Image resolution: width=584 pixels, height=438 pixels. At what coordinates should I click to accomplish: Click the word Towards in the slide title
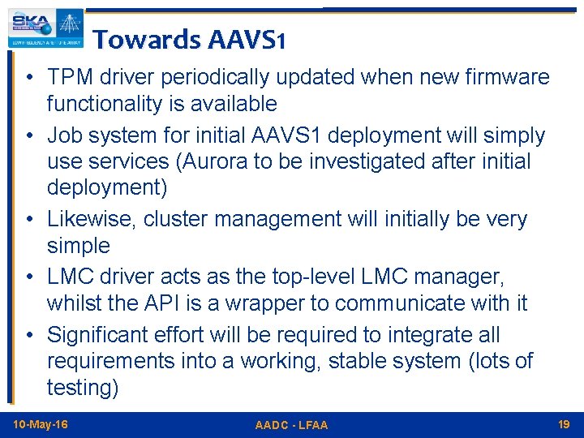(146, 38)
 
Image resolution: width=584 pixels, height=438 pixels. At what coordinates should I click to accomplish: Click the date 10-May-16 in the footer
(41, 424)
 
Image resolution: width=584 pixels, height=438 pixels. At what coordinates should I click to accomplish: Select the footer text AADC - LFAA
(291, 425)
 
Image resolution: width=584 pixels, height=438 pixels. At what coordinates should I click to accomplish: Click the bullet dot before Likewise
(28, 220)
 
